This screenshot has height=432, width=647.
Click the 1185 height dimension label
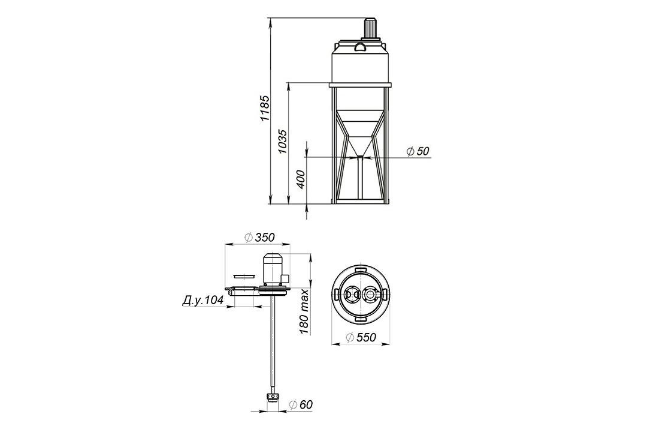point(265,108)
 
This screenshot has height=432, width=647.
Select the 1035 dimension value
point(282,142)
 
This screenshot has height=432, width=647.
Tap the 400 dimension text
point(301,179)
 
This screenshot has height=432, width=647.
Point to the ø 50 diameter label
point(418,151)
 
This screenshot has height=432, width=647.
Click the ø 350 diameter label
point(259,237)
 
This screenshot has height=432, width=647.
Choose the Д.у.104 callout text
point(202,301)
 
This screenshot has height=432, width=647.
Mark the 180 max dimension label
point(304,312)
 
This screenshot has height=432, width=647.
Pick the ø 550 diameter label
point(361,338)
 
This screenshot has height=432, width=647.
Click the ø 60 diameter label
point(301,405)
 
